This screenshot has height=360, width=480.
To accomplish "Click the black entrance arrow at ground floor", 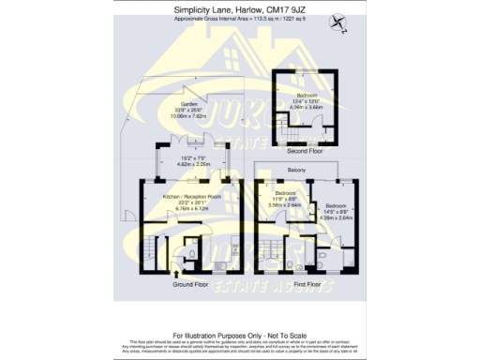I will point(177,273).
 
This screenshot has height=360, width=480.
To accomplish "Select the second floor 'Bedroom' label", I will point(306,95).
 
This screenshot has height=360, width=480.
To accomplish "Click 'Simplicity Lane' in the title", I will point(204,10).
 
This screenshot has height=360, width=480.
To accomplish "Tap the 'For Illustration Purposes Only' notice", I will point(239,334).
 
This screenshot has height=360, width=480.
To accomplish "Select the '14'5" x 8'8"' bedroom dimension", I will point(335,211).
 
